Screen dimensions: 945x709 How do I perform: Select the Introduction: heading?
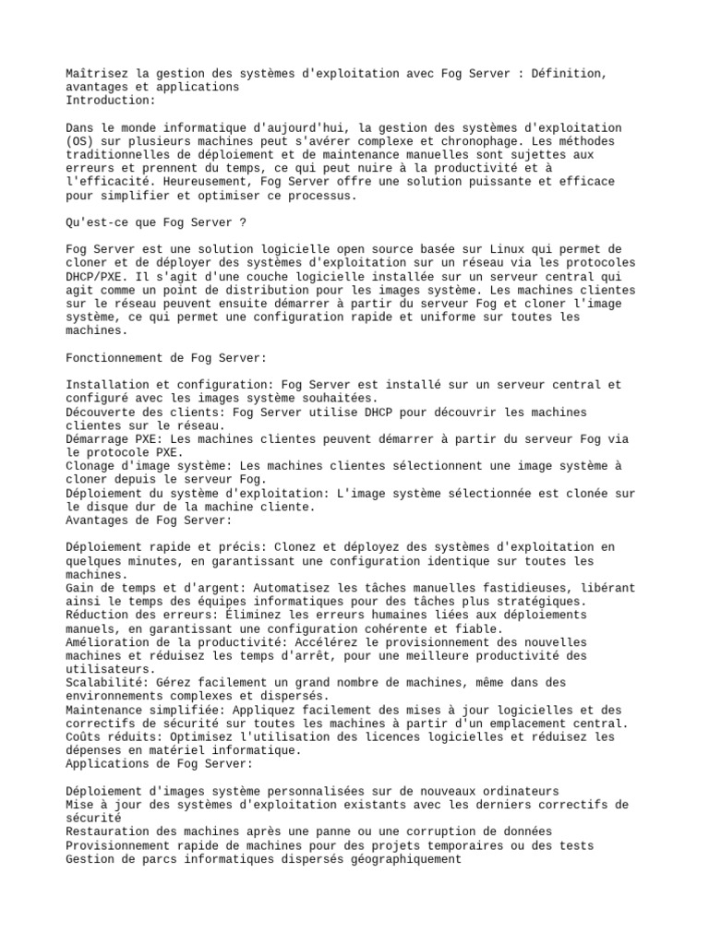click(x=112, y=101)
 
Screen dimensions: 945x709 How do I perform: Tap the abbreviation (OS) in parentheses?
click(x=81, y=142)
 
